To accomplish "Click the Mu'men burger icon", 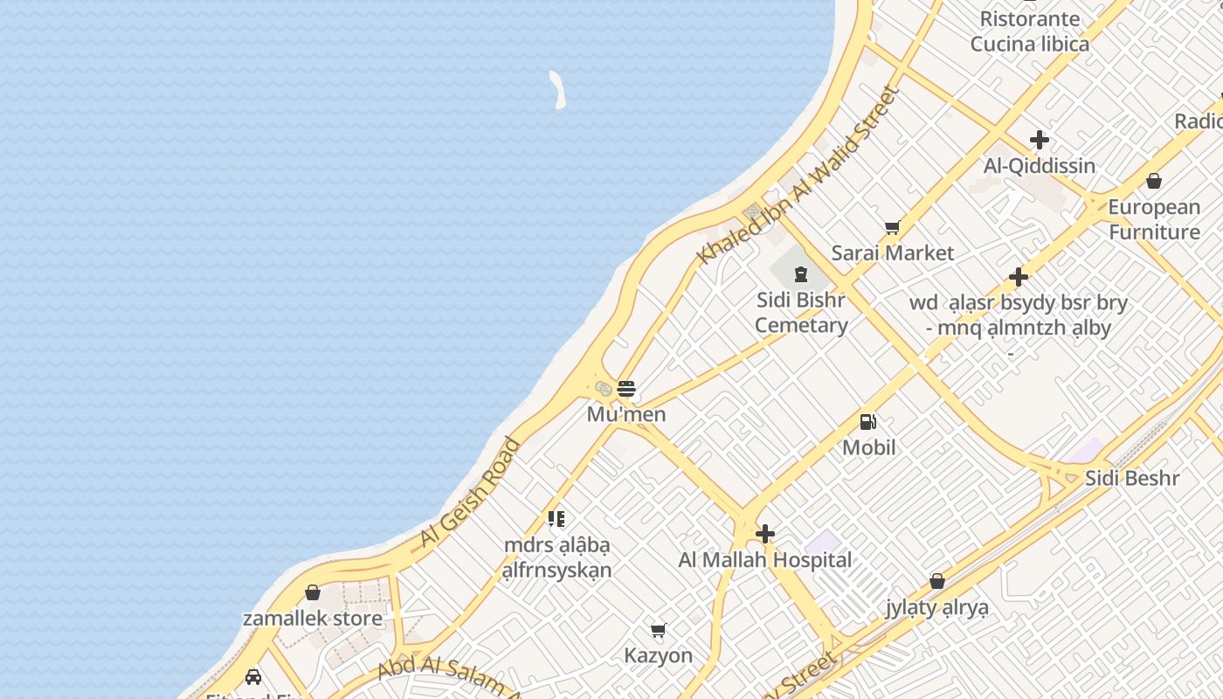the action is pyautogui.click(x=626, y=388).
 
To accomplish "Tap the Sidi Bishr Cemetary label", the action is pyautogui.click(x=801, y=313).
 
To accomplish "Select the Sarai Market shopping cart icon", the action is pyautogui.click(x=892, y=228).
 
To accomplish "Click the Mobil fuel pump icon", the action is pyautogui.click(x=868, y=422).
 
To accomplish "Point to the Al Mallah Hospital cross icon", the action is pyautogui.click(x=765, y=534).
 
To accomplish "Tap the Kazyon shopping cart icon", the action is pyautogui.click(x=659, y=630).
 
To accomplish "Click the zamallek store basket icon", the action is pyautogui.click(x=313, y=593).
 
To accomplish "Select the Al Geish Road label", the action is pyautogui.click(x=470, y=493).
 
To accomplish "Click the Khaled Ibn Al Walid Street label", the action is pyautogui.click(x=798, y=175).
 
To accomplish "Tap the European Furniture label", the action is pyautogui.click(x=1154, y=219).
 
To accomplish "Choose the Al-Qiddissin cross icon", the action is pyautogui.click(x=1039, y=140).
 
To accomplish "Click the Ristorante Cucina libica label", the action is pyautogui.click(x=1030, y=31).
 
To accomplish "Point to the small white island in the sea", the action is pyautogui.click(x=557, y=90).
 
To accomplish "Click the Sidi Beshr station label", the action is pyautogui.click(x=1132, y=478).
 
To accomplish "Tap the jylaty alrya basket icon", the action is pyautogui.click(x=937, y=581).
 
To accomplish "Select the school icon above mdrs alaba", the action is pyautogui.click(x=556, y=519).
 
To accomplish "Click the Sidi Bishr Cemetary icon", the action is pyautogui.click(x=801, y=274).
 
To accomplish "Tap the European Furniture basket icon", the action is pyautogui.click(x=1154, y=181).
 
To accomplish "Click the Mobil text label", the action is pyautogui.click(x=869, y=447).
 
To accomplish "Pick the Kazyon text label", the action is pyautogui.click(x=659, y=655).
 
